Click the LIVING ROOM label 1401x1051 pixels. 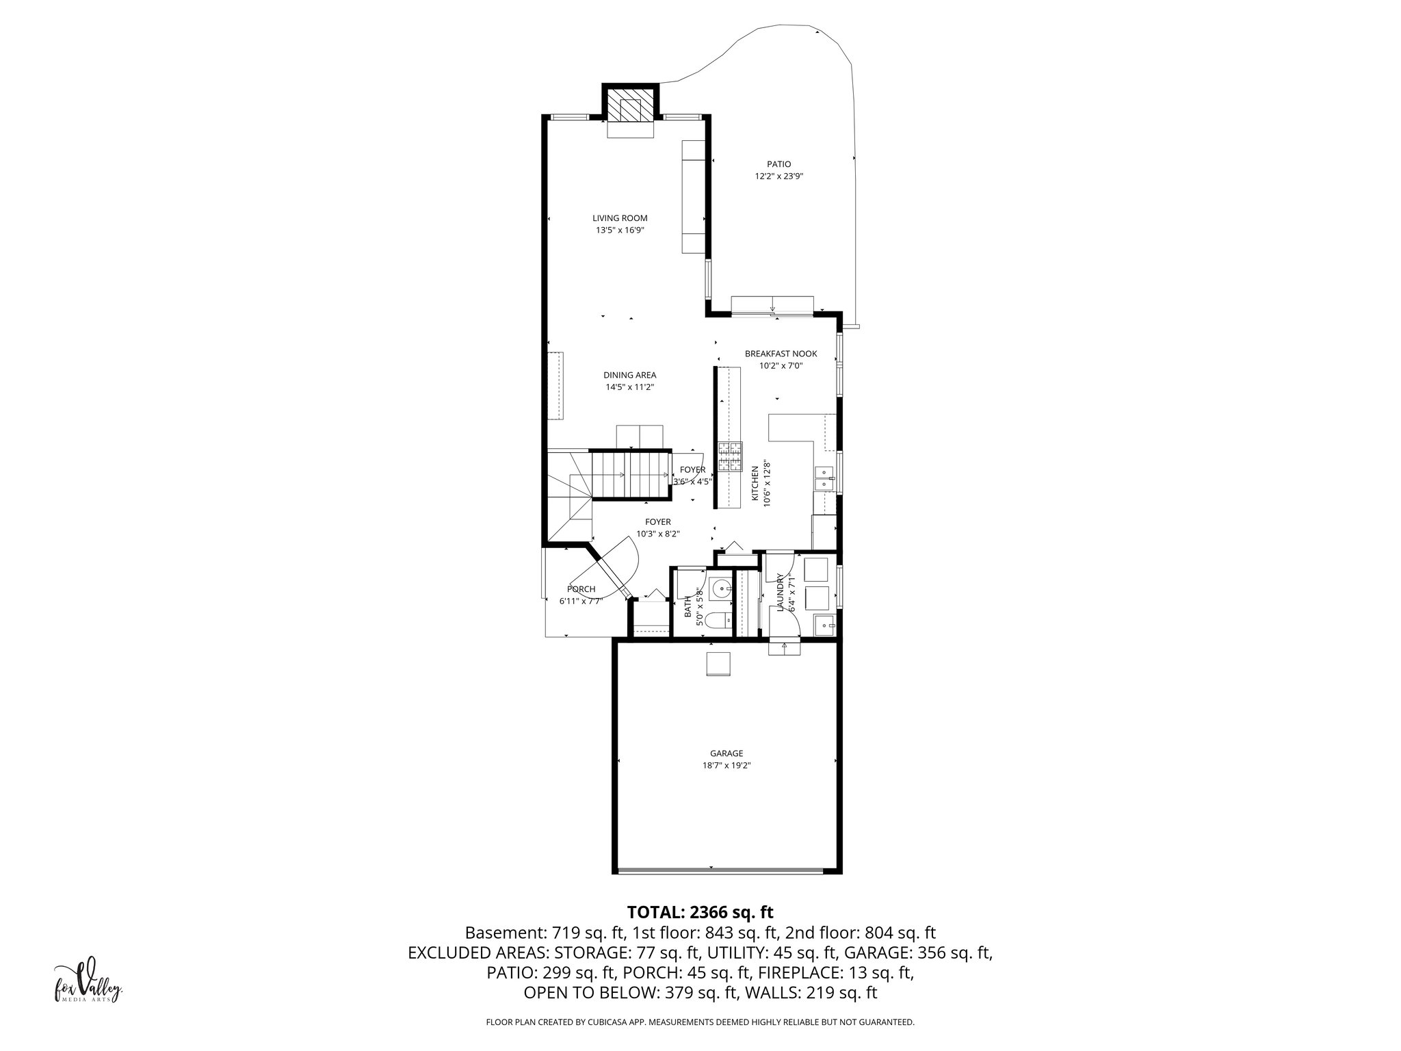coord(619,218)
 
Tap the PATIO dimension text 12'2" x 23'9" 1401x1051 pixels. coord(778,176)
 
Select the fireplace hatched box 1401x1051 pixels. coord(631,109)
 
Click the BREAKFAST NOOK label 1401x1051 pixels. coord(781,354)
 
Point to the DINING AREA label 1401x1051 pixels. coord(629,375)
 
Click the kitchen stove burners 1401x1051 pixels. coord(730,456)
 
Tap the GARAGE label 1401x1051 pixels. coord(726,753)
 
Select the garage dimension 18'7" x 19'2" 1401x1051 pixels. coord(726,766)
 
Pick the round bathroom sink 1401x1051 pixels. coord(720,588)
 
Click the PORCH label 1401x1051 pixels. coord(581,589)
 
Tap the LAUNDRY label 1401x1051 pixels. coord(779,591)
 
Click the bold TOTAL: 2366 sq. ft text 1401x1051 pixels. coord(700,912)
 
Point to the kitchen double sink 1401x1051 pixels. coord(824,478)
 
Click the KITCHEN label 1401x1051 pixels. coord(755,485)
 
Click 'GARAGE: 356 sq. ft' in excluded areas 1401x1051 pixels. coord(917,952)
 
